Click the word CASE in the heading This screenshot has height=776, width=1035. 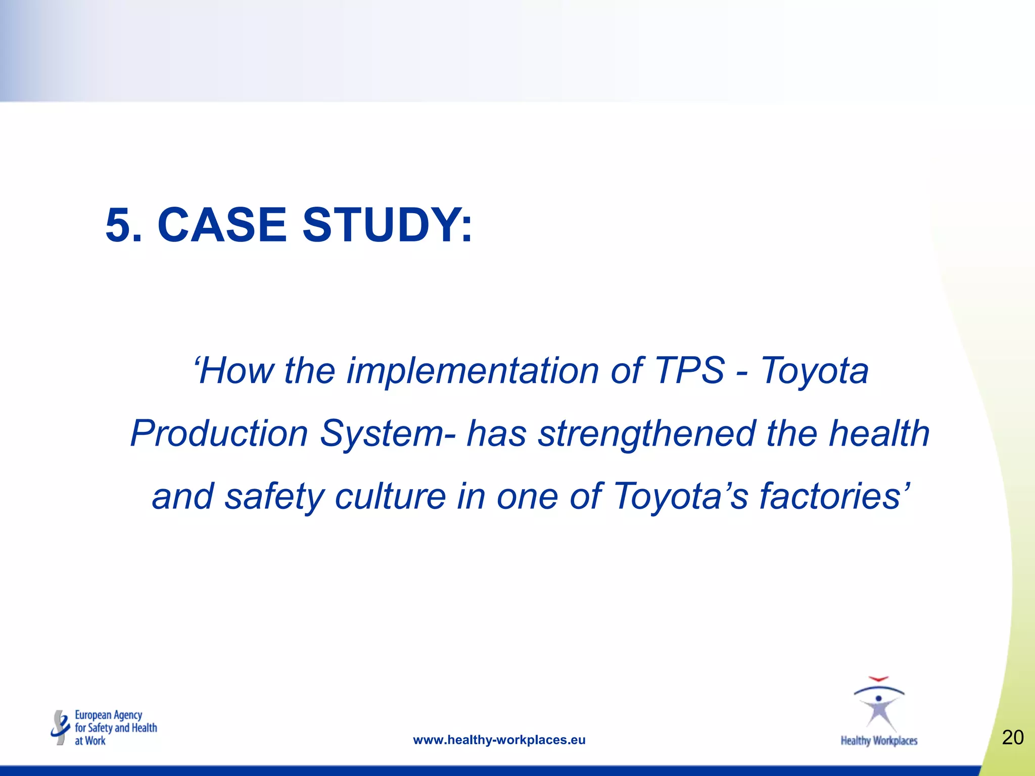pos(222,225)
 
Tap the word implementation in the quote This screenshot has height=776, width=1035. pos(473,371)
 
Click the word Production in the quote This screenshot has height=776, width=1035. pos(219,433)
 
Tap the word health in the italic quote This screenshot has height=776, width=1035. pos(879,433)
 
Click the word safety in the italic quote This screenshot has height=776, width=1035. pos(273,496)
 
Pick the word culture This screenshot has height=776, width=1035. pos(390,496)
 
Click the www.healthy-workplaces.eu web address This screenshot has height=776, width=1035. pos(499,740)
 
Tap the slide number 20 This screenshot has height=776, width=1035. pos(1013,738)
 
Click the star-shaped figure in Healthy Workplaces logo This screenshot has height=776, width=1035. pos(879,710)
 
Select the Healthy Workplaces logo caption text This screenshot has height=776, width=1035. pos(879,741)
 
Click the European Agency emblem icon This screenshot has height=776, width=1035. pos(61,727)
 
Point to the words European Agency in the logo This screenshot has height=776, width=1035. pos(109,715)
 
